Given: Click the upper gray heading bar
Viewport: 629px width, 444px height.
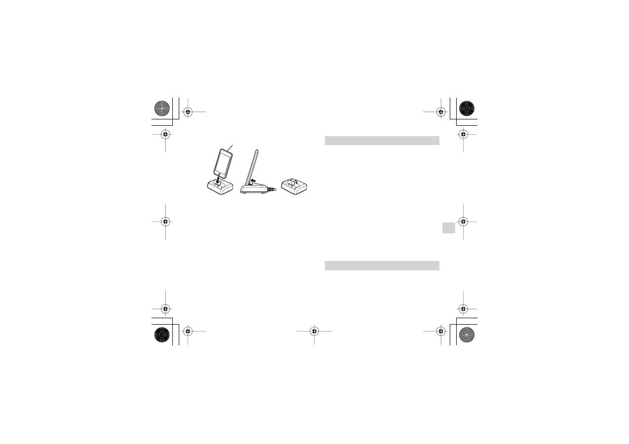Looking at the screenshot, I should (382, 141).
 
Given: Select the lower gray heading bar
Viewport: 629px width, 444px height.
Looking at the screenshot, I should (382, 265).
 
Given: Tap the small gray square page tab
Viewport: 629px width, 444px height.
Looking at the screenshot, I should (448, 228).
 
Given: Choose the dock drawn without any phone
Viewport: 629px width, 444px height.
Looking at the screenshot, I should (294, 186).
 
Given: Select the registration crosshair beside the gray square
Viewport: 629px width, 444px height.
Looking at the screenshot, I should (463, 222).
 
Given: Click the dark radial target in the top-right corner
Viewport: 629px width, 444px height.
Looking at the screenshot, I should (467, 108).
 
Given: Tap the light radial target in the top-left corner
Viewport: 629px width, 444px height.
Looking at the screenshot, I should (162, 108).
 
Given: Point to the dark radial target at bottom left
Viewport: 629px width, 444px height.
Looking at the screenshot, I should (162, 334).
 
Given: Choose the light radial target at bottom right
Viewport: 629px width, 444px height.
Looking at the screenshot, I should (467, 334).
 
